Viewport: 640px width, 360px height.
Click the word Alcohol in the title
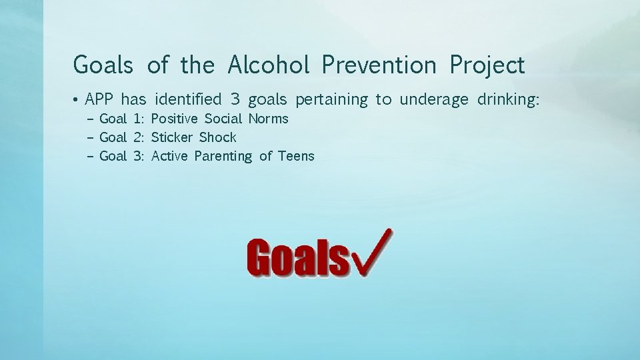[x=268, y=65]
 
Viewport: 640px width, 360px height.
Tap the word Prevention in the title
[x=378, y=65]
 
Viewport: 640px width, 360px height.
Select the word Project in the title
[x=487, y=65]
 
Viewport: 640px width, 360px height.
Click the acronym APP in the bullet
[x=99, y=100]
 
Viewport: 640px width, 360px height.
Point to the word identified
[x=188, y=100]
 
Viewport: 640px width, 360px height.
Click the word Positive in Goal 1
[x=175, y=119]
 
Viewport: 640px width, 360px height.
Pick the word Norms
[x=269, y=119]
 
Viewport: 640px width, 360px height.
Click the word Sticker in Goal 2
[x=172, y=138]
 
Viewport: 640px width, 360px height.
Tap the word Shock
[x=218, y=138]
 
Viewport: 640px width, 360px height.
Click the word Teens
[x=296, y=157]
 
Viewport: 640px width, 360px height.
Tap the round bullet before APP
[x=77, y=101]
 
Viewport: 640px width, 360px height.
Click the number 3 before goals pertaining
[x=235, y=100]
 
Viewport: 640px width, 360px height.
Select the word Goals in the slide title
[x=105, y=65]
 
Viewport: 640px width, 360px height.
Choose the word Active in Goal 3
[x=170, y=157]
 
